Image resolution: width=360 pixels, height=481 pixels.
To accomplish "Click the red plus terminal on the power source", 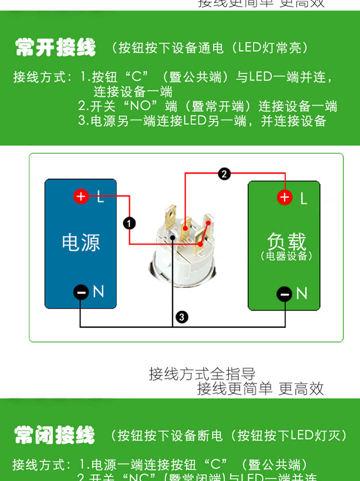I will coord(81,196).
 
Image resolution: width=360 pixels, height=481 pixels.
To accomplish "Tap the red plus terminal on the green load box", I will coord(285,197).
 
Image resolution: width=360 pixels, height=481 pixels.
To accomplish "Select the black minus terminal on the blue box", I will coord(81,292).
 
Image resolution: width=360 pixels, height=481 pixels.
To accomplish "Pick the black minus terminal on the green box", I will coord(284,294).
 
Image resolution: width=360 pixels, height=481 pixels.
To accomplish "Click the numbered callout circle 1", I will coord(129,223).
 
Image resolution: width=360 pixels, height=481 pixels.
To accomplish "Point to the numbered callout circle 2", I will coord(224,174).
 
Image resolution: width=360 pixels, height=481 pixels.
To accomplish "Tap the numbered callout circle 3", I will coord(181,317).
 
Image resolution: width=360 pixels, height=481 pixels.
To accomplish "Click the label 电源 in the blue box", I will coord(81,242).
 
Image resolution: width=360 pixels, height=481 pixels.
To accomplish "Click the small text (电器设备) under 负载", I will coord(287,256).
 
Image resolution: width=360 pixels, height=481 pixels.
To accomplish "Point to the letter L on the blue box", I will coord(100,198).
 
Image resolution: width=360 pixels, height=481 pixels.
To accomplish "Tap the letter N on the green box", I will coord(302,294).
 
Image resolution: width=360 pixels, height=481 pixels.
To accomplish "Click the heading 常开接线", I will coord(55,47).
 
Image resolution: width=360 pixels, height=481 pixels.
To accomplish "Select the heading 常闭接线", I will coord(54,435).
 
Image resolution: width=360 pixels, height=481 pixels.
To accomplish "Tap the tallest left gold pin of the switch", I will coord(171,219).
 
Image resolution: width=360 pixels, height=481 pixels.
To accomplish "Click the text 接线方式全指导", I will coord(202,374).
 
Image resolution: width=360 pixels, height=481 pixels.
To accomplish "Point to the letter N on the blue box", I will coord(98,292).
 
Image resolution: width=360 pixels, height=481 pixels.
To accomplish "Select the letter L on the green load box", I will coord(303,198).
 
